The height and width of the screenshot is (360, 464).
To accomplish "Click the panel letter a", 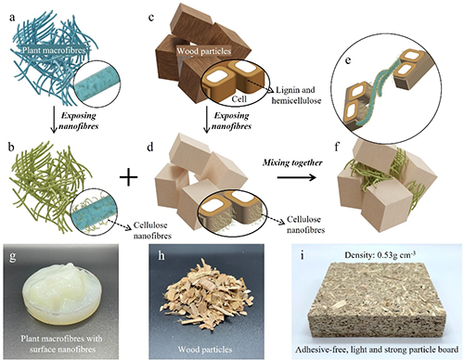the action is pos(12,18).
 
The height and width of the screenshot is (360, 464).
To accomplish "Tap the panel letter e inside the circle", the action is pos(348,60).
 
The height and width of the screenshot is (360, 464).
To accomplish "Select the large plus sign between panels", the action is pos(128,178).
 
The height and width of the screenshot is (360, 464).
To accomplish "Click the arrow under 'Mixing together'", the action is pos(296,177).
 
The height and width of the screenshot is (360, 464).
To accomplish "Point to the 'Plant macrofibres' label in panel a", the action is pos(53,50).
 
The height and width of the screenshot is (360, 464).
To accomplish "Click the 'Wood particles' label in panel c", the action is pos(204,51).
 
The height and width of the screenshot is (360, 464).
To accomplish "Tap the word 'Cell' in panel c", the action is pos(239,98).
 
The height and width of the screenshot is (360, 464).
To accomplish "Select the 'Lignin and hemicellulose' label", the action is pos(296,95).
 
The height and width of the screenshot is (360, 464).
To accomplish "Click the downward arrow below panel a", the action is pos(55,121).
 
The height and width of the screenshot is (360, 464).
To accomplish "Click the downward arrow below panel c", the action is pos(207,121).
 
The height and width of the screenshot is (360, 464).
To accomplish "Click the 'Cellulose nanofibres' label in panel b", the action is pos(152,230).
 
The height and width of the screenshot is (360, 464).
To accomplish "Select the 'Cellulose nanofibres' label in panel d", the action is pos(305,225).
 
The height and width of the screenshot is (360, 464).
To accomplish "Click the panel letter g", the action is pos(12,257).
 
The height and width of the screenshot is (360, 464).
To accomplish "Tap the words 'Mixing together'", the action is pos(292,162).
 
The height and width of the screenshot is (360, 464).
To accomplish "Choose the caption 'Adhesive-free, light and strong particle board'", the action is pos(377,350).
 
